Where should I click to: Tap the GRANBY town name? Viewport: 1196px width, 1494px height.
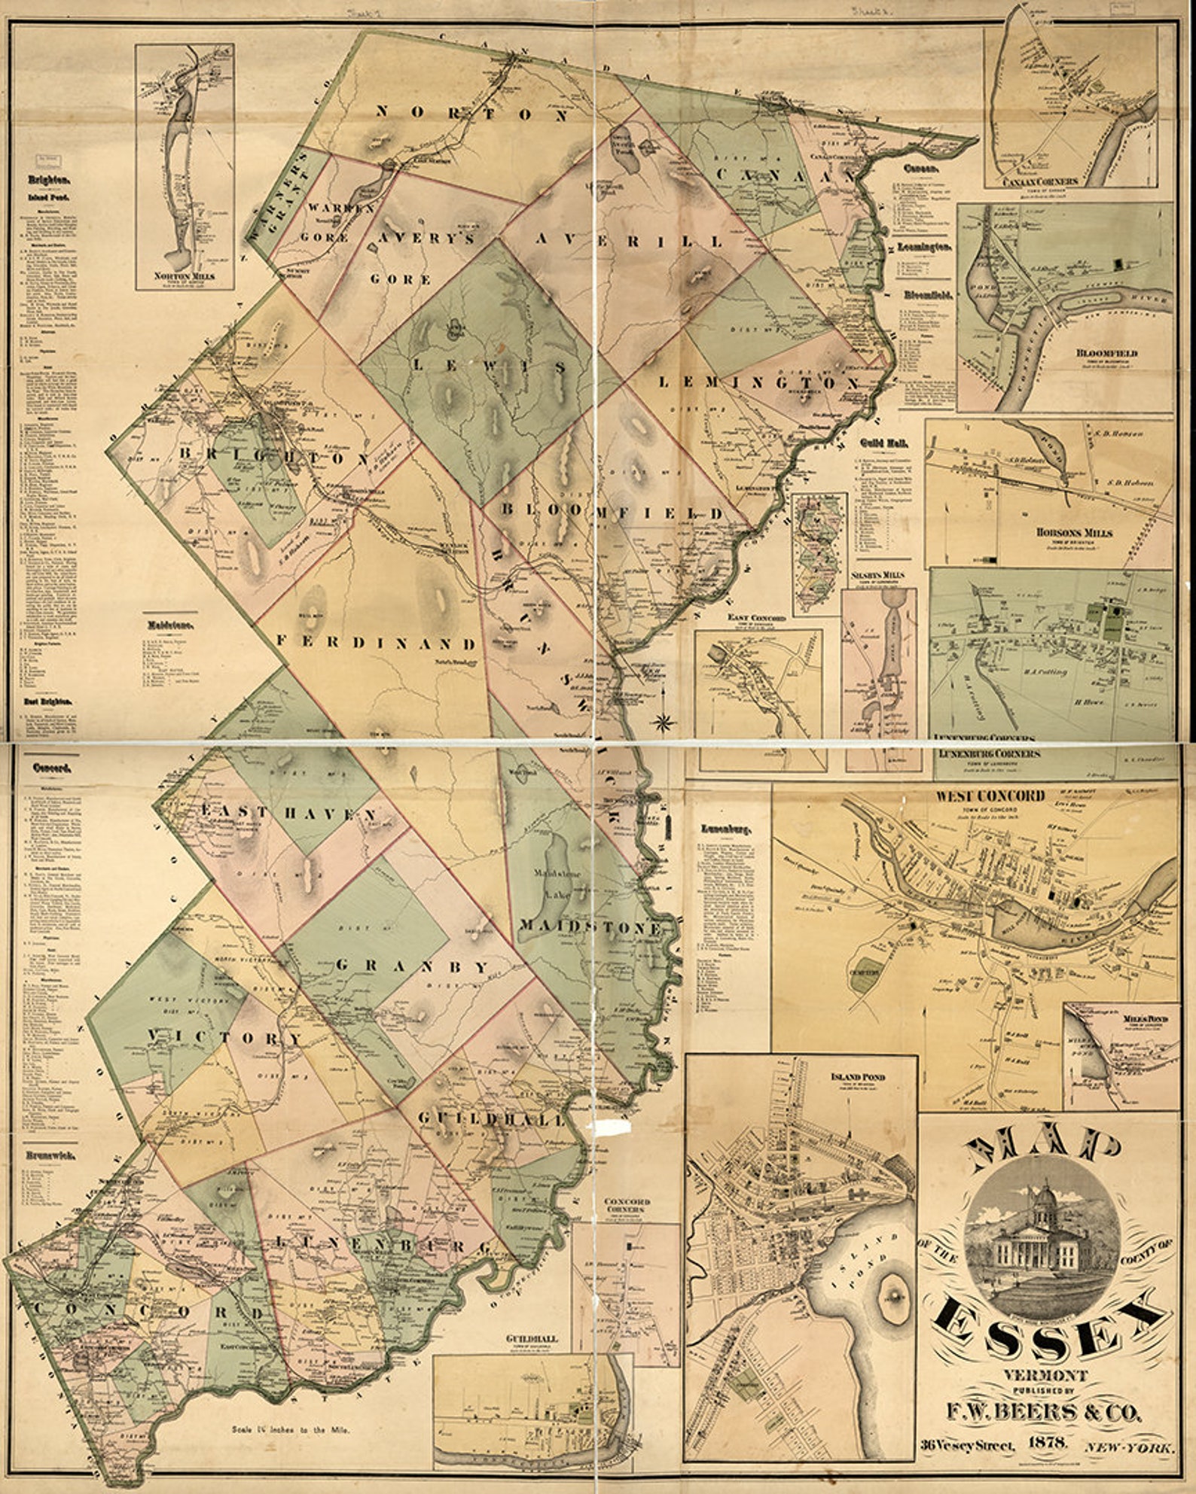pyautogui.click(x=412, y=966)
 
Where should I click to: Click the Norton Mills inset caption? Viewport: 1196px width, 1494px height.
pyautogui.click(x=184, y=276)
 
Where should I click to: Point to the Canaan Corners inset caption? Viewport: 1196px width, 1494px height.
pyautogui.click(x=1039, y=181)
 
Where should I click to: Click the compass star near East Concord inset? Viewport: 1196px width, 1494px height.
pyautogui.click(x=663, y=723)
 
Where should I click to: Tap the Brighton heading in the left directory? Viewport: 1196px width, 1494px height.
pyautogui.click(x=49, y=181)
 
